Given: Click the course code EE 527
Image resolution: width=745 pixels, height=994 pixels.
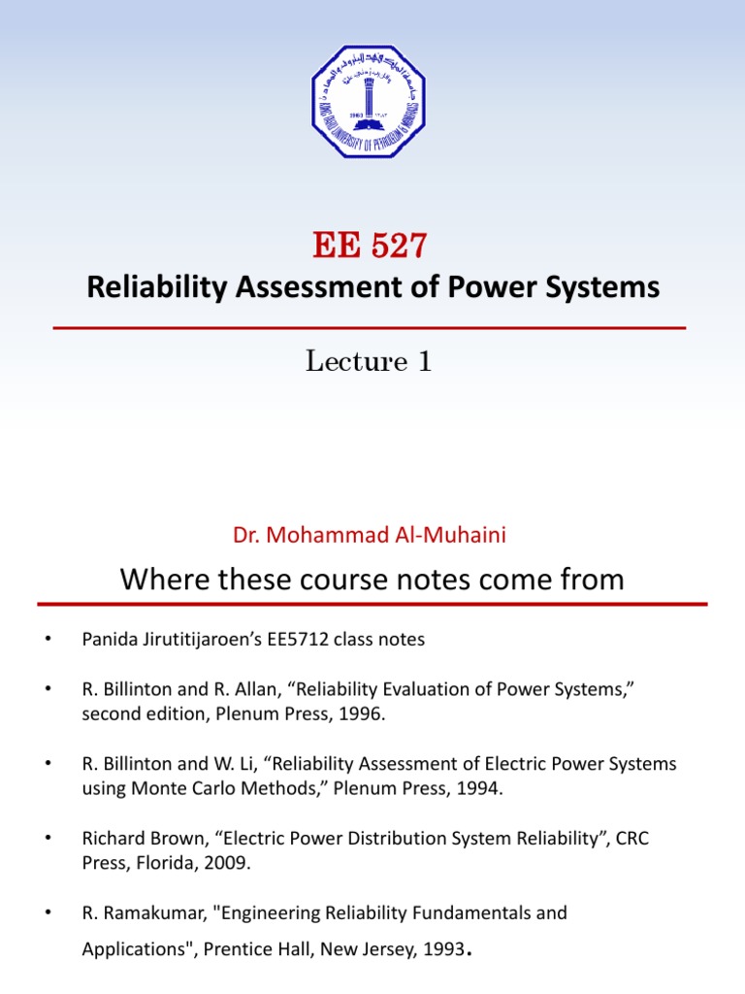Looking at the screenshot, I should [x=370, y=247].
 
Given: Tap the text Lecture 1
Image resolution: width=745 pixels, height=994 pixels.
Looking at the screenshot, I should [x=369, y=362].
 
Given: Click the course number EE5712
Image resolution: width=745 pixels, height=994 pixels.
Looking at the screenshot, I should [x=306, y=640].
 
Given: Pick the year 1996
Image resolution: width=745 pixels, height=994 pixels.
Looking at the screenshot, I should [x=376, y=714].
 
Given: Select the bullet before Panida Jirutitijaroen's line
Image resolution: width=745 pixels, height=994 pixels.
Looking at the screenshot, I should [x=46, y=640].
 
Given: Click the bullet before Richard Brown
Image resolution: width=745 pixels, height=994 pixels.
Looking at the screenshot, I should [x=46, y=838].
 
